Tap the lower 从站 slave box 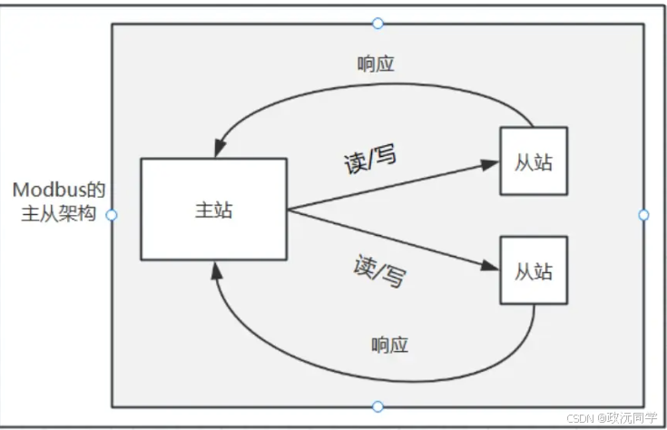click(x=534, y=270)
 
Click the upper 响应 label click(x=376, y=65)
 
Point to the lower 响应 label click(x=389, y=345)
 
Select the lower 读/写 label click(x=378, y=269)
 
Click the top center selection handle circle click(x=378, y=23)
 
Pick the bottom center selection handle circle click(x=378, y=406)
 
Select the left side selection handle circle click(x=112, y=215)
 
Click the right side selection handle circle click(x=643, y=215)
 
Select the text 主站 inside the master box click(x=213, y=210)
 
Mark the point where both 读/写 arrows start click(x=288, y=210)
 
